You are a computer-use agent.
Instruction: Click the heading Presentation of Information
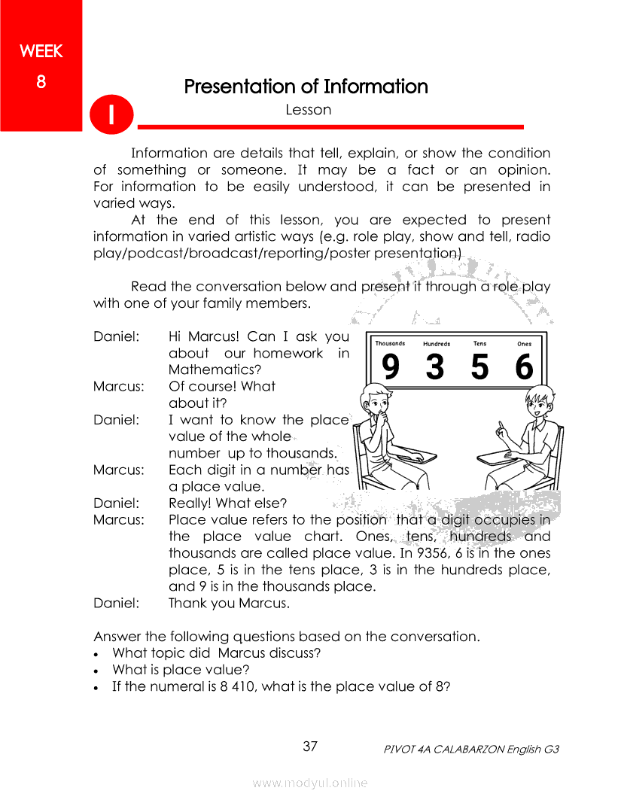coord(306,87)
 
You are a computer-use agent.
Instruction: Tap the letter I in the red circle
coord(111,114)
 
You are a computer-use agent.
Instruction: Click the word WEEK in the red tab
coord(41,52)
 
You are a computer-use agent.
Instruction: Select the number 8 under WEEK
coord(41,81)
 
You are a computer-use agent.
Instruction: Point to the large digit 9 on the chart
coord(391,368)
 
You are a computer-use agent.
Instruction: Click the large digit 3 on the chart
coord(434,368)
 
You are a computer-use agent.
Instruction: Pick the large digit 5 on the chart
coord(479,368)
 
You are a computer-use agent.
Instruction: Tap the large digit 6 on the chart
coord(524,368)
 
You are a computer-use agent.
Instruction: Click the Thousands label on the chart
coord(390,344)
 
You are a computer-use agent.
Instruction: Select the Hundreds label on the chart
coord(437,345)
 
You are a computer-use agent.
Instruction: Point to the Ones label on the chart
coord(524,345)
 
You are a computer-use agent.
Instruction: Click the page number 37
coord(310,747)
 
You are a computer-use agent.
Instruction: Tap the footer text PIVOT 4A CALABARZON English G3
coord(470,750)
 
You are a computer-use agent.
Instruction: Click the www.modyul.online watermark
coord(310,783)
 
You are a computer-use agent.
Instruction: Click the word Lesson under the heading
coord(309,110)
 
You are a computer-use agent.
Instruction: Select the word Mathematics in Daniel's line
coord(215,370)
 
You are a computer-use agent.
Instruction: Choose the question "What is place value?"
coord(181,670)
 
